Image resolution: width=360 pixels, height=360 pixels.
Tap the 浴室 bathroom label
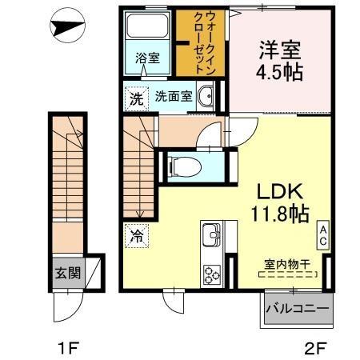tap(146, 58)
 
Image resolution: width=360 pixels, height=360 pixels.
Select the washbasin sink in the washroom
tap(206, 98)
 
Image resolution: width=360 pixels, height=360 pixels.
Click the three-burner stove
tap(213, 274)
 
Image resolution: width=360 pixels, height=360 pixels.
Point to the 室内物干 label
tap(289, 265)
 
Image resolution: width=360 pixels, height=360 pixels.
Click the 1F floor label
tap(66, 348)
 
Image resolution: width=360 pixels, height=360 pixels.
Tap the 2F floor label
tap(314, 348)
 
